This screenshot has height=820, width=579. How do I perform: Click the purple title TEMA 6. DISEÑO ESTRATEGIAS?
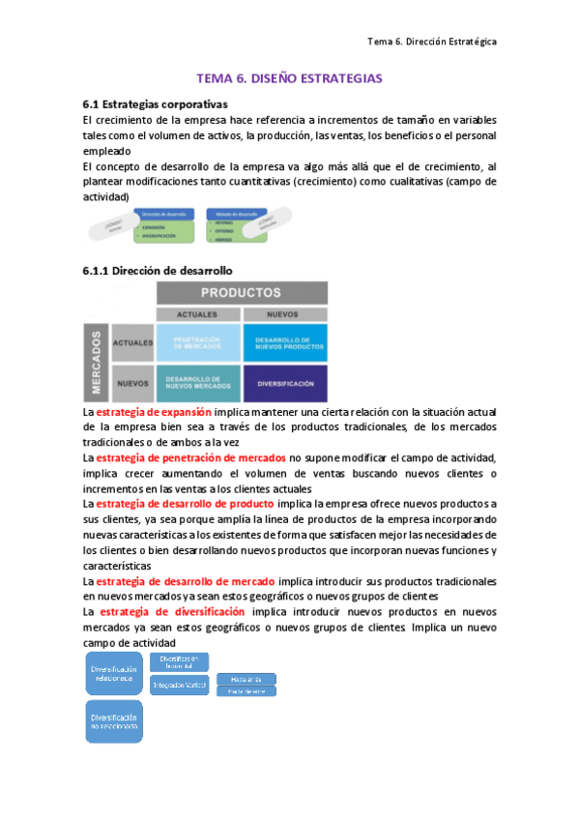point(289,77)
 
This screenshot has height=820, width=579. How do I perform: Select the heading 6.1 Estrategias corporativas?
point(155,102)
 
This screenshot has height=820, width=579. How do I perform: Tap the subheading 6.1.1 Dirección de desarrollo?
point(157,270)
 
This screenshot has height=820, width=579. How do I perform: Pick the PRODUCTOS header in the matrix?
point(241,292)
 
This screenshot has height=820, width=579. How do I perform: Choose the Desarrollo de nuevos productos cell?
point(284,342)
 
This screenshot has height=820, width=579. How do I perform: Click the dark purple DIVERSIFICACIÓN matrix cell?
point(284,384)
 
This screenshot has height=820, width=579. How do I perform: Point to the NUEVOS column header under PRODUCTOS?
point(284,315)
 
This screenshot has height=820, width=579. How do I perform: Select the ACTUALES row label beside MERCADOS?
point(133,343)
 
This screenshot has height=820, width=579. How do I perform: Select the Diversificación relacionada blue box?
point(113,673)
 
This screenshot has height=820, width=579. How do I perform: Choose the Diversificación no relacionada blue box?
point(113,723)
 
